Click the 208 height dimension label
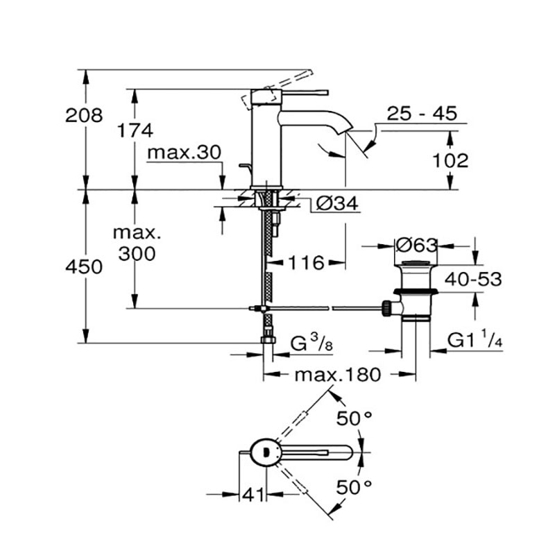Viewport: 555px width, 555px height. pyautogui.click(x=83, y=115)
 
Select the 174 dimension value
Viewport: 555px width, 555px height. pyautogui.click(x=135, y=129)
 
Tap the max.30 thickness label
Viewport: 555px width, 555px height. pyautogui.click(x=183, y=152)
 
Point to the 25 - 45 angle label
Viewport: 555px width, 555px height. pyautogui.click(x=422, y=114)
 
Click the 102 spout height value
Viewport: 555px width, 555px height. pyautogui.click(x=450, y=161)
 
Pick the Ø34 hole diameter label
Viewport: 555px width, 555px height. pyautogui.click(x=336, y=204)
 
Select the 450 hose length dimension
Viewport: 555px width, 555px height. pyautogui.click(x=84, y=266)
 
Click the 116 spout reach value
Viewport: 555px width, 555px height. pyautogui.click(x=307, y=263)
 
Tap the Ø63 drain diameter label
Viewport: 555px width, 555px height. pyautogui.click(x=416, y=245)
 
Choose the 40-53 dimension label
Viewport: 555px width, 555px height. pyautogui.click(x=473, y=280)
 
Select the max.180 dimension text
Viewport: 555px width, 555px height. pyautogui.click(x=338, y=375)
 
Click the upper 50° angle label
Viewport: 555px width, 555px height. pyautogui.click(x=355, y=418)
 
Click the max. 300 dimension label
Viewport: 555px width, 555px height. pyautogui.click(x=136, y=242)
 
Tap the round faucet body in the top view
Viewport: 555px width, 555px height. pyautogui.click(x=265, y=452)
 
